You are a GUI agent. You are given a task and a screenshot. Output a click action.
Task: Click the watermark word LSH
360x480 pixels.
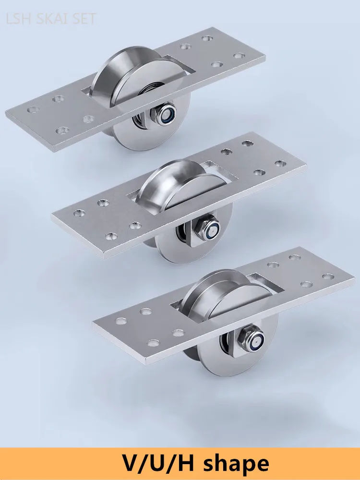[x=19, y=19]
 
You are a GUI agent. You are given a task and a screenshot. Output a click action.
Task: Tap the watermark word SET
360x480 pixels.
[x=84, y=19]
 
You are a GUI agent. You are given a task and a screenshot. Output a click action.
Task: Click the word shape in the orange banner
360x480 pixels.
[x=236, y=464]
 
